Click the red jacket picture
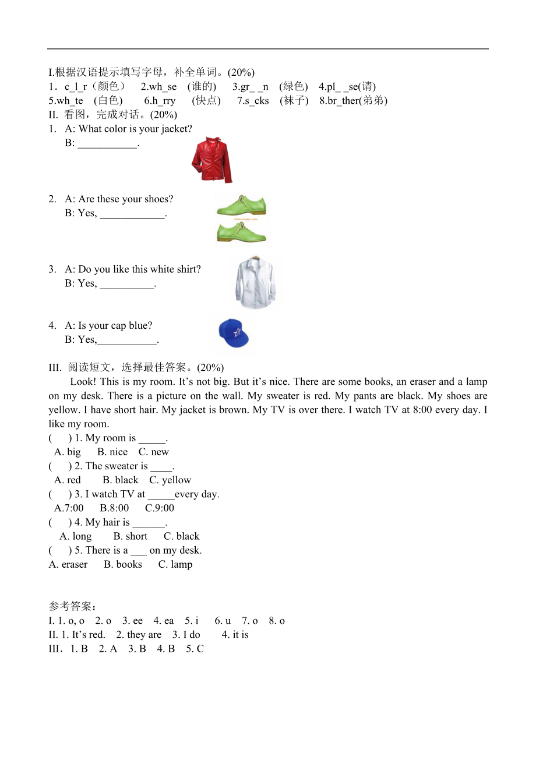coord(211,160)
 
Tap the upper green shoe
coord(241,206)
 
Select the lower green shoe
coord(241,231)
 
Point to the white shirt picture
coord(255,283)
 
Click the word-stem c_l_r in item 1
coord(76,86)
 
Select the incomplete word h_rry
coord(160,100)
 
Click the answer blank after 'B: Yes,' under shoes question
coord(133,214)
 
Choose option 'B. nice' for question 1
coord(112,452)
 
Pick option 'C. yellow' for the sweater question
coord(170,480)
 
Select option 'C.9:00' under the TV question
coord(160,508)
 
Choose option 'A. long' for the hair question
coord(76,536)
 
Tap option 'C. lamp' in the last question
coord(175,564)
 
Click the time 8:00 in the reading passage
coord(414,410)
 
